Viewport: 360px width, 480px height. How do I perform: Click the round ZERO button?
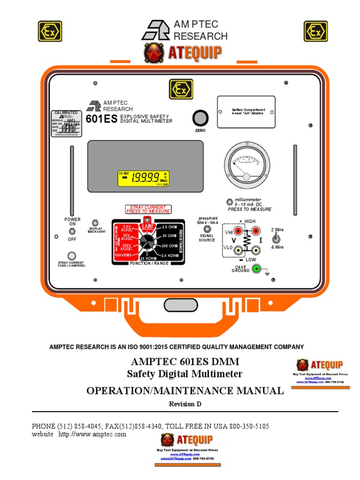pyautogui.click(x=200, y=117)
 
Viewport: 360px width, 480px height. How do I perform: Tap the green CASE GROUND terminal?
pyautogui.click(x=256, y=269)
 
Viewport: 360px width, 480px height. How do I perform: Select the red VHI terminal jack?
pyautogui.click(x=239, y=231)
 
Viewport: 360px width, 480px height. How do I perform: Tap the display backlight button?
pyautogui.click(x=95, y=223)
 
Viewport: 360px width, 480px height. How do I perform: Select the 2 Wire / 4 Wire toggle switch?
pyautogui.click(x=277, y=238)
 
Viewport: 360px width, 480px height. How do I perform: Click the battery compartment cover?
pyautogui.click(x=246, y=112)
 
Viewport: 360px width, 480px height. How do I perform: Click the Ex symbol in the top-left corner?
pyautogui.click(x=50, y=31)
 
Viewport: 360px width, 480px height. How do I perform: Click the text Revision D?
pyautogui.click(x=185, y=404)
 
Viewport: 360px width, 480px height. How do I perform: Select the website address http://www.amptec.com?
pyautogui.click(x=92, y=435)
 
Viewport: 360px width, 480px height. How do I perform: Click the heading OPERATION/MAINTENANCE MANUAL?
pyautogui.click(x=185, y=390)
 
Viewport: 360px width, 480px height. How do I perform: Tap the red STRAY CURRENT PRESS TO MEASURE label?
pyautogui.click(x=148, y=209)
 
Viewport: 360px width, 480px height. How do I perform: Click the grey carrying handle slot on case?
pyautogui.click(x=180, y=305)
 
